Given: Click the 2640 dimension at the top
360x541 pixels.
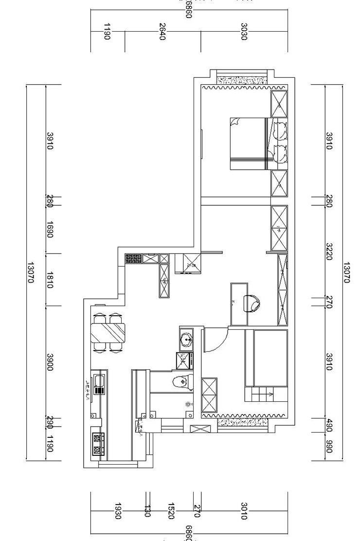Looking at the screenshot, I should tap(162, 32).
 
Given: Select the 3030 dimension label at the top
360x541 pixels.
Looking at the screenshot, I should tap(244, 32).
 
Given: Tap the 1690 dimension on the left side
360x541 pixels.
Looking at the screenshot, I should tap(50, 229).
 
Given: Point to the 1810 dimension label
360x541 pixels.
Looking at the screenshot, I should tap(50, 280).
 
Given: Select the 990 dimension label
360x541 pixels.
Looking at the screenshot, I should tap(328, 448).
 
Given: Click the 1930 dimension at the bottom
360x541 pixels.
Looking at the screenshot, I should tap(118, 511).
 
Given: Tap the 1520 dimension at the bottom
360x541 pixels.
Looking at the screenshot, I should tap(171, 511).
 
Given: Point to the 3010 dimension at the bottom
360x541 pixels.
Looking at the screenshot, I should tap(244, 511).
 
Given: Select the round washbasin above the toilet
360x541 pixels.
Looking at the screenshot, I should tap(186, 339).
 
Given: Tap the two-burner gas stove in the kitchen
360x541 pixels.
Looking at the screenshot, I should tap(98, 444).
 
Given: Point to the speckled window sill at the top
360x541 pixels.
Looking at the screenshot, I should tap(242, 80).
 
